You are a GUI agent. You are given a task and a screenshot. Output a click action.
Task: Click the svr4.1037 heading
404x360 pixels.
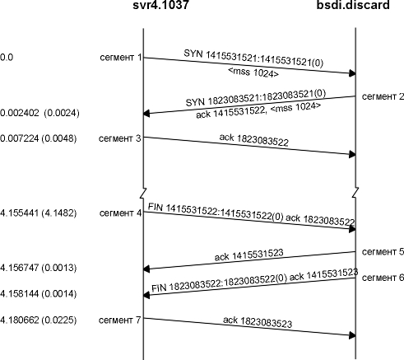pos(160,5)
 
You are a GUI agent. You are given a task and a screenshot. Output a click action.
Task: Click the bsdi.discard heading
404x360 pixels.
pos(353,5)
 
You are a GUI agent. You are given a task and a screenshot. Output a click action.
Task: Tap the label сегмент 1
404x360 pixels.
pos(121,58)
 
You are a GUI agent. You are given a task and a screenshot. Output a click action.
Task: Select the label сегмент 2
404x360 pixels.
pos(383,96)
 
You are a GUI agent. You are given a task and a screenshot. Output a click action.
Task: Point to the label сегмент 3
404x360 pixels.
pos(120,138)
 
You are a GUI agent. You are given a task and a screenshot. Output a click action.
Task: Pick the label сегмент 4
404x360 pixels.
pos(121,213)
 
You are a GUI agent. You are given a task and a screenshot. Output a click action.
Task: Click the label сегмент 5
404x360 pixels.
pos(383,251)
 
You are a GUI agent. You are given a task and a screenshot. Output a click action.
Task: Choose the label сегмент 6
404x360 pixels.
pos(383,278)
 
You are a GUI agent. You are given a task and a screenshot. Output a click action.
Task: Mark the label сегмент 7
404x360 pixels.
pos(120,320)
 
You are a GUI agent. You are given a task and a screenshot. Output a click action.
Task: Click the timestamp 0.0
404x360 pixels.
pos(7,58)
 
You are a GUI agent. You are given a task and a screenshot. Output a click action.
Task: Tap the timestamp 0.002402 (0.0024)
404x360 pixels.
pos(39,113)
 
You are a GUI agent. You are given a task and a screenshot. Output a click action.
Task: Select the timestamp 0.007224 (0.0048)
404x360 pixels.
pos(38,138)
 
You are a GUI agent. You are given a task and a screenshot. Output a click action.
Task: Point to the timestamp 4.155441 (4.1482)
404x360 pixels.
pos(38,213)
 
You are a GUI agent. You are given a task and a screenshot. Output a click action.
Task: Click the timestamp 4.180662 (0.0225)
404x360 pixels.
pos(38,320)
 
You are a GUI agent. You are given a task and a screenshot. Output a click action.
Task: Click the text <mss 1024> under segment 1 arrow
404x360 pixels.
pos(253,72)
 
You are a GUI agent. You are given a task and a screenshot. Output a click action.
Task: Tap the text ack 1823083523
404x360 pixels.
pos(258,322)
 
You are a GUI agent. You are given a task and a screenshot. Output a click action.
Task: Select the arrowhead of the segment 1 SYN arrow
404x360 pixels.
pos(352,73)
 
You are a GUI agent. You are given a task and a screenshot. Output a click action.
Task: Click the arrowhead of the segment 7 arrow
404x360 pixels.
pos(352,335)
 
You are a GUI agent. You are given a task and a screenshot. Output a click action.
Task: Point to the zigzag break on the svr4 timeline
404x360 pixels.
pos(143,193)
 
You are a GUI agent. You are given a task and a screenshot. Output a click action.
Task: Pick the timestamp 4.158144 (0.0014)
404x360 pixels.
pos(38,294)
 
